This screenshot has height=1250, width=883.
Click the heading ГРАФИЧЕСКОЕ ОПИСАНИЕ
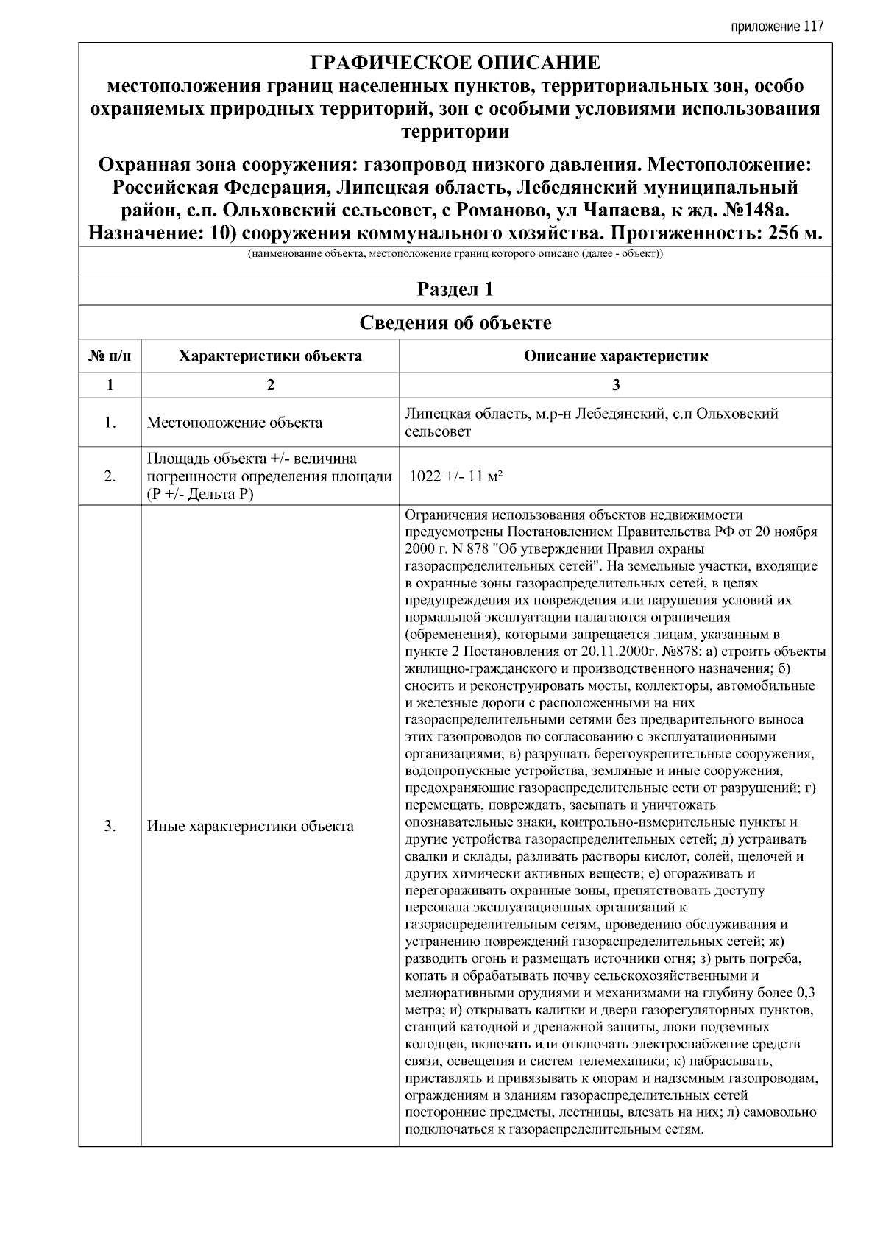(x=455, y=63)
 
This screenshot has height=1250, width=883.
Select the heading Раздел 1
(x=455, y=289)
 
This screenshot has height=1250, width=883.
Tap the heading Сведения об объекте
(x=455, y=322)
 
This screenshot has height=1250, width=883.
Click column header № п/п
(x=110, y=356)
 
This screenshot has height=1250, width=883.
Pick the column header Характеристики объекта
(x=270, y=356)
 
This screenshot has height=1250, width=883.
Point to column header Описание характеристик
(x=616, y=356)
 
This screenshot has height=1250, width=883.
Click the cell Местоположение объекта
(x=235, y=423)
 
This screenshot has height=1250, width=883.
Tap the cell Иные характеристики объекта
(x=250, y=826)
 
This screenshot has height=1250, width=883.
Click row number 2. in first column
(x=110, y=476)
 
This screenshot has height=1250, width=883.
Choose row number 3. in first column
(x=110, y=826)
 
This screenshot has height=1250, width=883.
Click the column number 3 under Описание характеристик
(x=616, y=385)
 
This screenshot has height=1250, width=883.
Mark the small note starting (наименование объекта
(x=455, y=255)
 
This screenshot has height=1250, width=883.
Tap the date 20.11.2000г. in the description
(x=616, y=652)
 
